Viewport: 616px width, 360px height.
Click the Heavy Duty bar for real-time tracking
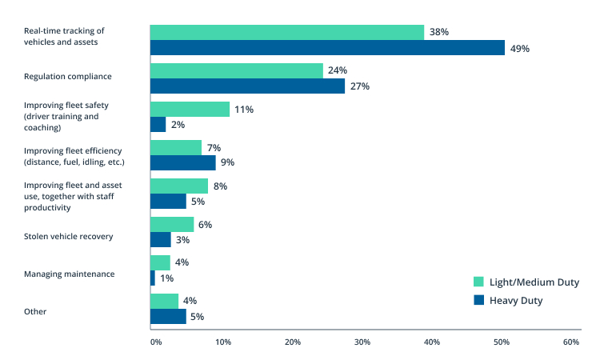tap(327, 48)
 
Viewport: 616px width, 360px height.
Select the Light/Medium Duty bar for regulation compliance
tap(237, 70)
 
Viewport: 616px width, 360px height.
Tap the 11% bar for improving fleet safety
tap(190, 109)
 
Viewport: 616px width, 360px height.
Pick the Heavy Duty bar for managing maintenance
tap(153, 278)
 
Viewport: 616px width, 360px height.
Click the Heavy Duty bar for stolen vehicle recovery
tap(161, 240)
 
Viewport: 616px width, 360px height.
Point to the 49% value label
tap(520, 48)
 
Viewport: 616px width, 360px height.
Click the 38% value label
tap(439, 32)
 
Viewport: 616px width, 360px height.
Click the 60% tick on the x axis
tap(570, 342)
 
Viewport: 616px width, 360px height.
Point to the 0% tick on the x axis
tap(156, 342)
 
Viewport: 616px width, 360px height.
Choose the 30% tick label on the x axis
tap(362, 342)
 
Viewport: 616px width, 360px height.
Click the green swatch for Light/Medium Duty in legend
tap(479, 282)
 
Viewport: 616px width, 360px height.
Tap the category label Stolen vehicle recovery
tap(68, 236)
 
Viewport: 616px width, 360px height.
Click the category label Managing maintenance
tap(69, 274)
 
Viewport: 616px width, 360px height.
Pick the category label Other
tap(35, 311)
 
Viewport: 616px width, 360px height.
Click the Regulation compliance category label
tap(67, 77)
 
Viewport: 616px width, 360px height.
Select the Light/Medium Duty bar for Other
tap(164, 301)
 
